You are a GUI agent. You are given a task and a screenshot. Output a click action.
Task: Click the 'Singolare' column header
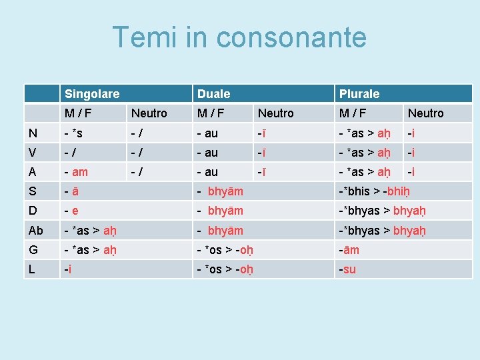pos(91,94)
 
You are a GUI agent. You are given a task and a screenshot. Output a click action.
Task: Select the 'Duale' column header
pos(213,94)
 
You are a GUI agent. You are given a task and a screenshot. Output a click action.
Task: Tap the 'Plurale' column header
pos(359,94)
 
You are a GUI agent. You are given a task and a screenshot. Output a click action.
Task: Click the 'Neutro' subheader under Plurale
pos(425,113)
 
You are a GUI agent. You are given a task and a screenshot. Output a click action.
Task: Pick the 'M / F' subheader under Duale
pos(211,113)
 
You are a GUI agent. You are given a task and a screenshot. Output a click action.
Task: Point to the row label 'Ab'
pos(36,231)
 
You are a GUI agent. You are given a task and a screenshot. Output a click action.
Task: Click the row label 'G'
pos(33,250)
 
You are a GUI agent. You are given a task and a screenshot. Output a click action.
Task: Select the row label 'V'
pos(33,153)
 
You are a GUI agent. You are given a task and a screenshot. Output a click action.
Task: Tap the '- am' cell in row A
pos(76,172)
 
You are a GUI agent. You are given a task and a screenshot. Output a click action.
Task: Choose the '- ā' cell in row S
pos(71,192)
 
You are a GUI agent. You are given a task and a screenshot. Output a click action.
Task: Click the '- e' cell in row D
pos(71,211)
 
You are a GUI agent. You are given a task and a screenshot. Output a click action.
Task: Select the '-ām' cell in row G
pos(349,250)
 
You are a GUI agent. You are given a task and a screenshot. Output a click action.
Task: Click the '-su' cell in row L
pos(348,269)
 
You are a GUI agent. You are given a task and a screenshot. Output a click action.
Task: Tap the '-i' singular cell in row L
pos(67,269)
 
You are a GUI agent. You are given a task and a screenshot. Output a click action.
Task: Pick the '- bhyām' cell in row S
pos(220,192)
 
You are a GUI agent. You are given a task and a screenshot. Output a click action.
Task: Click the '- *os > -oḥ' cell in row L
pos(225,269)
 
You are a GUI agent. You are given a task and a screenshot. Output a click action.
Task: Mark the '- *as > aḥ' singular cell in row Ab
pos(90,231)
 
